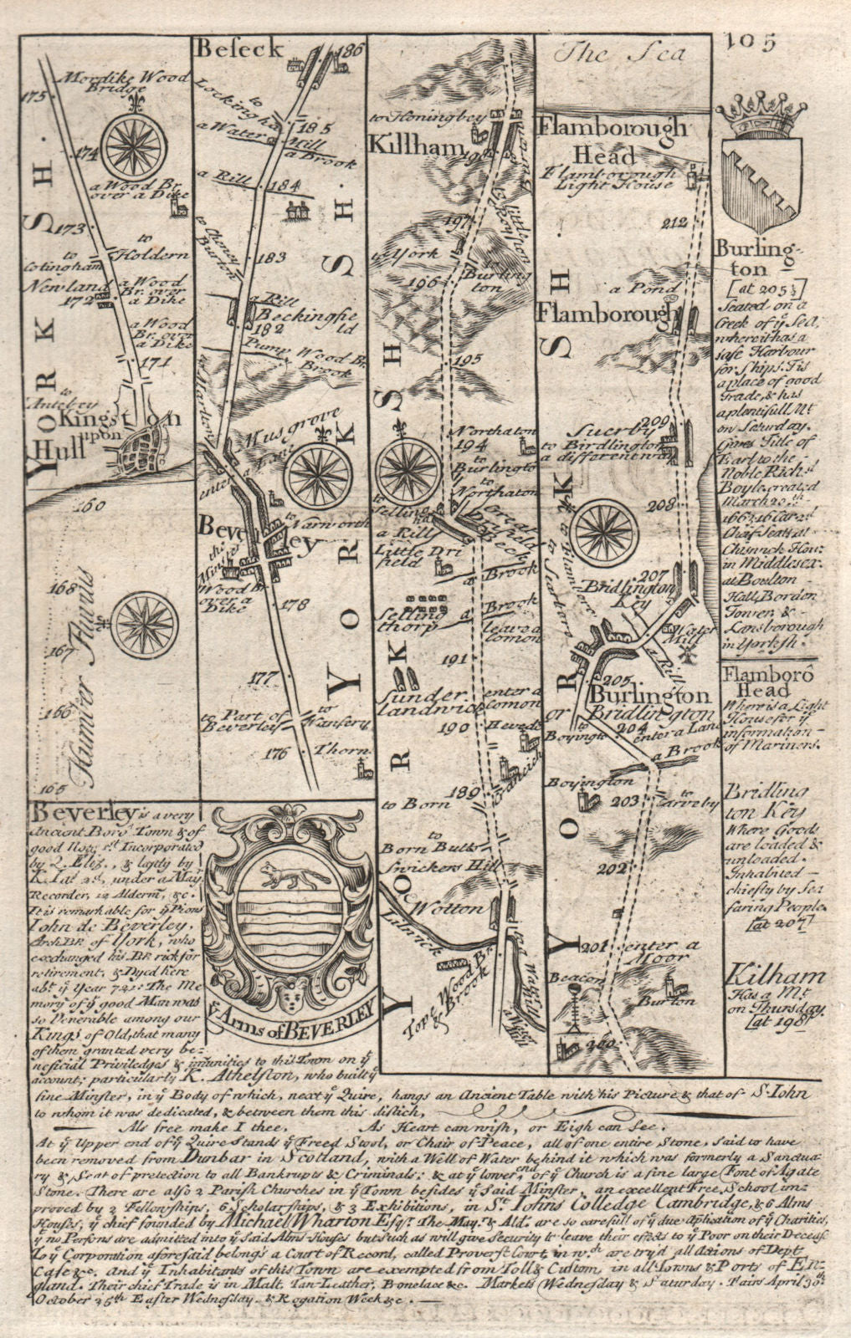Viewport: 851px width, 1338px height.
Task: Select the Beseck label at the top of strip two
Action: click(x=227, y=49)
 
